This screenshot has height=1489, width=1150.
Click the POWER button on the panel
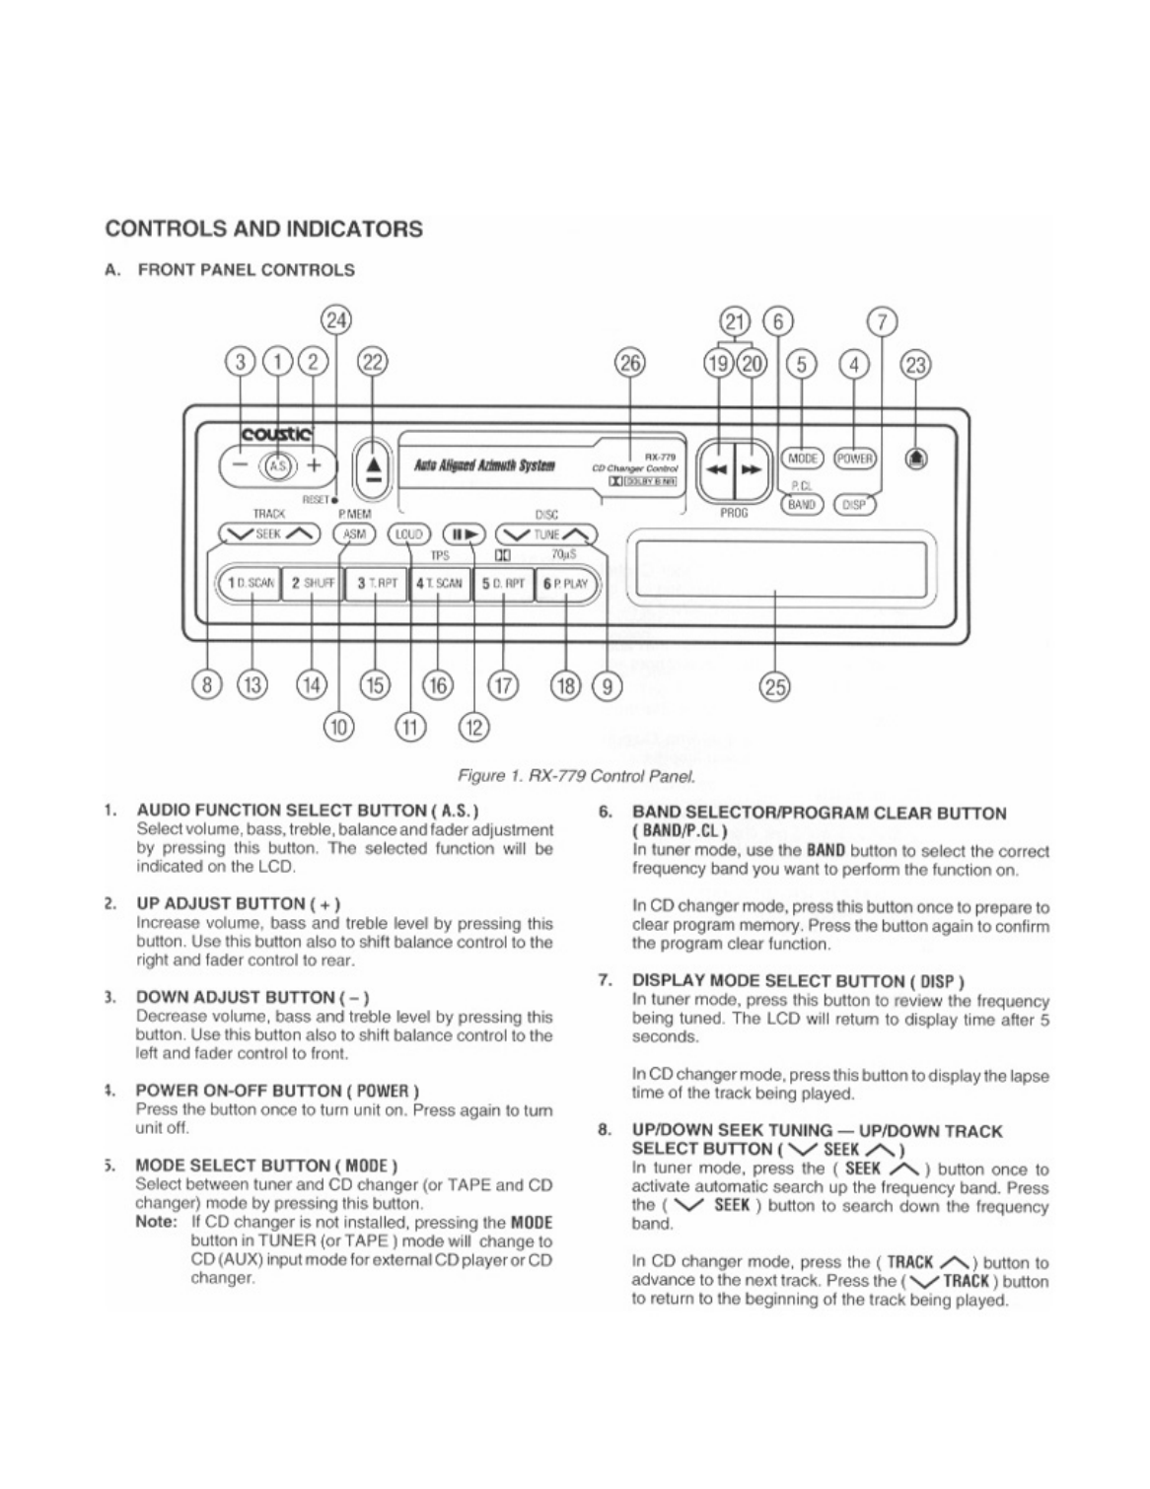pyautogui.click(x=855, y=459)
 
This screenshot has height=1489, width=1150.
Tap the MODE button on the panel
pyautogui.click(x=803, y=459)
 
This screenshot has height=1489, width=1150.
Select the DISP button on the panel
pyautogui.click(x=855, y=504)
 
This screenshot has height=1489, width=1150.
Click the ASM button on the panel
pyautogui.click(x=354, y=534)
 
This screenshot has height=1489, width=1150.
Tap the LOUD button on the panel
pyautogui.click(x=408, y=534)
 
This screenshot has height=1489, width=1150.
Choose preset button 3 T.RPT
pyautogui.click(x=375, y=583)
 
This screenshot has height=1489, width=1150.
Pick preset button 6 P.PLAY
pyautogui.click(x=564, y=583)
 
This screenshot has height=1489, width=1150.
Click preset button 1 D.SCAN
pyautogui.click(x=250, y=583)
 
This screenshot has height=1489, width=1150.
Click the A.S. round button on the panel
pyautogui.click(x=278, y=465)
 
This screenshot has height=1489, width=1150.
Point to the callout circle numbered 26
pyautogui.click(x=629, y=363)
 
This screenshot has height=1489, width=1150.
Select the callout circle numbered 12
pyautogui.click(x=475, y=728)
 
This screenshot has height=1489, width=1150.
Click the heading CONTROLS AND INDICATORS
pyautogui.click(x=264, y=229)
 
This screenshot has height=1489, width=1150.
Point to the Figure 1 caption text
pyautogui.click(x=585, y=775)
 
